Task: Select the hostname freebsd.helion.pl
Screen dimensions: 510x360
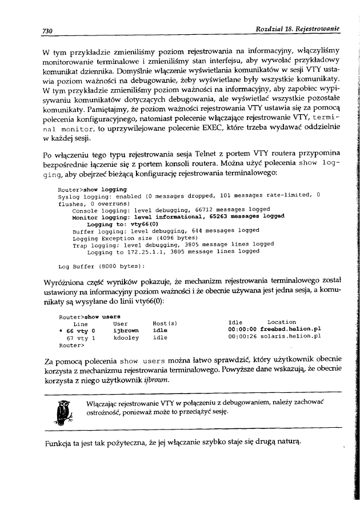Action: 290,330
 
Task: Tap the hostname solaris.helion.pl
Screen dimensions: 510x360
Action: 290,337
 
